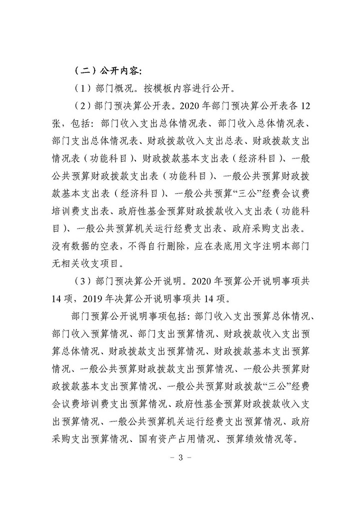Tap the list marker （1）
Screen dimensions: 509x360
click(80, 88)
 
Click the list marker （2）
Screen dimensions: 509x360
click(80, 107)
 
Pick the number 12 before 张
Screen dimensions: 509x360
click(306, 107)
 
